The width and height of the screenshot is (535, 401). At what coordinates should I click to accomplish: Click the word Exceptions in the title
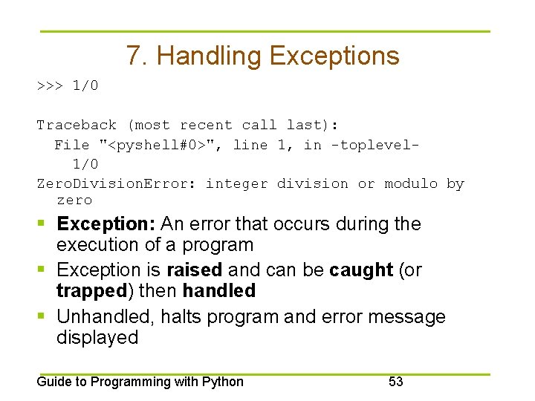point(334,56)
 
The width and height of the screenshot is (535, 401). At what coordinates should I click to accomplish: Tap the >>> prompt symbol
point(50,85)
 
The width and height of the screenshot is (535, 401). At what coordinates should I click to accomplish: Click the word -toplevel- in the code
point(375,145)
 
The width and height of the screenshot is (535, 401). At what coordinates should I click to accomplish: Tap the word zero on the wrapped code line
point(74,200)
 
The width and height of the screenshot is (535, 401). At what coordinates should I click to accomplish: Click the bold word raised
point(195,270)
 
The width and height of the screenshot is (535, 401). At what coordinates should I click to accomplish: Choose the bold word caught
point(361,270)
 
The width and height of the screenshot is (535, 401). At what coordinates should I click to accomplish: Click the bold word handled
point(219,290)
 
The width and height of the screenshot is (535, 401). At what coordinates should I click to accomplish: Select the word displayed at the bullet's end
point(97,338)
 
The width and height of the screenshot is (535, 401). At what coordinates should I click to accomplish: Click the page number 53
point(396,382)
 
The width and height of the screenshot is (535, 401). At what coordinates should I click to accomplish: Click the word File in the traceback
point(72,145)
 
